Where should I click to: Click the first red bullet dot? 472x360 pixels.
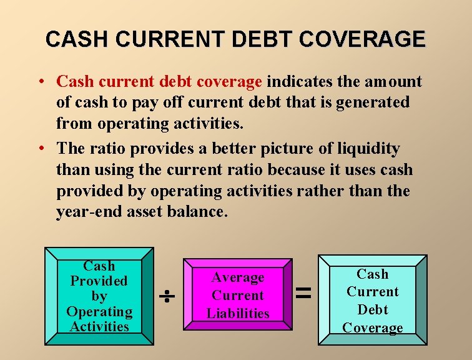(39, 82)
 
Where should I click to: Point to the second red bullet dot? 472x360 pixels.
(39, 149)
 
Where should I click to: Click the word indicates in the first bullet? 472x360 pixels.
(297, 82)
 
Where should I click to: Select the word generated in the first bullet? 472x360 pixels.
(373, 102)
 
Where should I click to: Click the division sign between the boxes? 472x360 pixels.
(168, 297)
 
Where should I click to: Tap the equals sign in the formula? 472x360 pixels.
(303, 292)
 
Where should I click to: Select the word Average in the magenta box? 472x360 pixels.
(238, 277)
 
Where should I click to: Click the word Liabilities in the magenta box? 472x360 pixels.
(238, 313)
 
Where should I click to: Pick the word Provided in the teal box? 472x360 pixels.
(99, 281)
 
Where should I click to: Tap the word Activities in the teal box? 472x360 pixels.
(99, 326)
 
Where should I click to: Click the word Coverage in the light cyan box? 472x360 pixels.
(373, 327)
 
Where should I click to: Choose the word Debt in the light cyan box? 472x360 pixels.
(373, 309)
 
